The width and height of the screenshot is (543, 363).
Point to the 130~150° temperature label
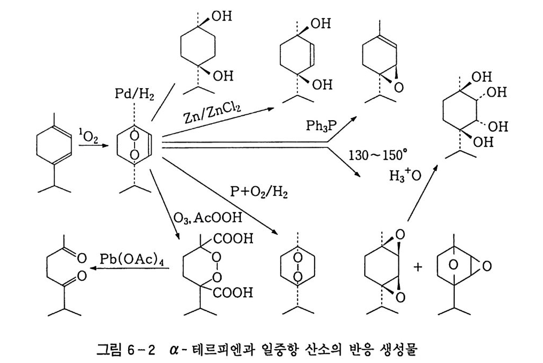(377, 155)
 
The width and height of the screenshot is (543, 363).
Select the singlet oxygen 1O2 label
(86, 137)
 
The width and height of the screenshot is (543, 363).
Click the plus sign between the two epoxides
(417, 266)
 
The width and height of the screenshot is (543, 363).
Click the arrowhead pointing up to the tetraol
(436, 168)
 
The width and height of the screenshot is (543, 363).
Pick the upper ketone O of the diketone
(82, 258)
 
